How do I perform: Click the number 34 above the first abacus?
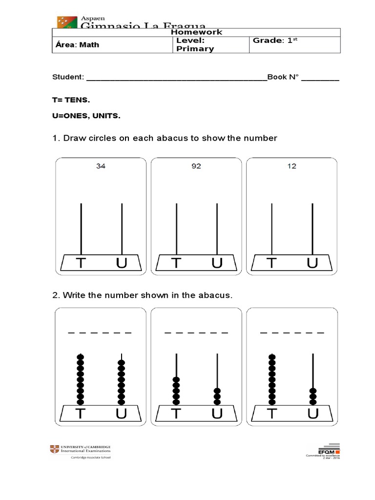[x=101, y=166]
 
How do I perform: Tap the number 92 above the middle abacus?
[x=196, y=166]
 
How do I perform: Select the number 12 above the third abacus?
[x=292, y=166]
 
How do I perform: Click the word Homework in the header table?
[x=196, y=32]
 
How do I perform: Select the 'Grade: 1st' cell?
[x=275, y=41]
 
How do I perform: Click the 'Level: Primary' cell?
[x=195, y=44]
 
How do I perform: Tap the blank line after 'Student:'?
[x=176, y=78]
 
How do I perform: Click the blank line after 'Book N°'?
[x=320, y=78]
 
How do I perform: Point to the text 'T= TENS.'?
[x=71, y=100]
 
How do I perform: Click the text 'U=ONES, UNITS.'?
[x=86, y=116]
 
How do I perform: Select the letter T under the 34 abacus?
[x=81, y=264]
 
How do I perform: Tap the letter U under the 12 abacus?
[x=312, y=264]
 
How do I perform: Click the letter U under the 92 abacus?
[x=217, y=264]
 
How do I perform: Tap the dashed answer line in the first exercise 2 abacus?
[x=100, y=333]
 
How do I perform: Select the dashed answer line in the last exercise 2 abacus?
[x=292, y=333]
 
